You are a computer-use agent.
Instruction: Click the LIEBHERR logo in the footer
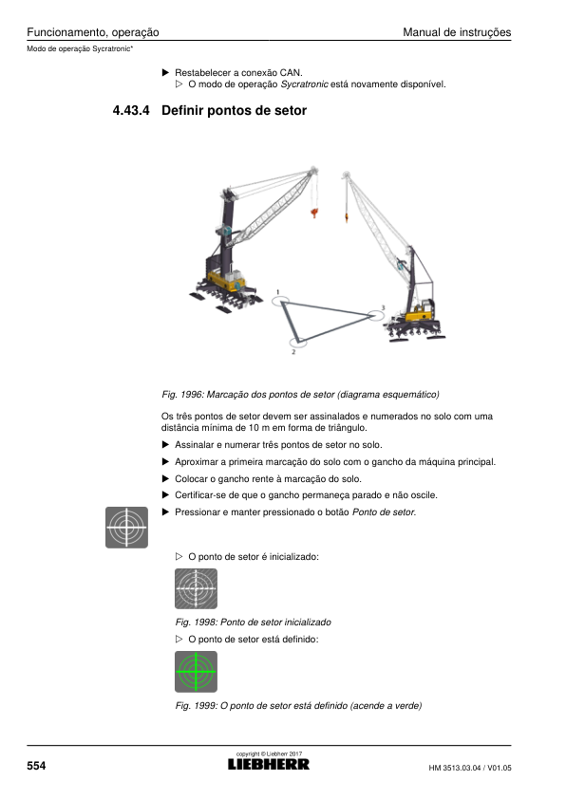tap(268, 764)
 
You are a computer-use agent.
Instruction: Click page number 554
tap(36, 766)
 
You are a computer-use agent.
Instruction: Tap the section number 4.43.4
tap(131, 111)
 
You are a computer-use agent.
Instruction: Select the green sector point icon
tap(196, 672)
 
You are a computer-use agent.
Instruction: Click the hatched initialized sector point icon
tap(196, 588)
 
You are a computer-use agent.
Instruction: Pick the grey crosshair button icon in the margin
tap(126, 528)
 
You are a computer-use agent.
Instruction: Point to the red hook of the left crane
tap(314, 212)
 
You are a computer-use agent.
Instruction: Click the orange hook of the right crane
tap(347, 217)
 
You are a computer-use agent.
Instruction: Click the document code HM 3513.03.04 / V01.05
tap(470, 768)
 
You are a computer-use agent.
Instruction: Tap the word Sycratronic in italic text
tap(305, 84)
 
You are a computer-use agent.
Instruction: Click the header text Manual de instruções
tap(457, 32)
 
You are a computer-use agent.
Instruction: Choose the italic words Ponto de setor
tap(384, 512)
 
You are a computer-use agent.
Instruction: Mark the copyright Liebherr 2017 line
tap(269, 753)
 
